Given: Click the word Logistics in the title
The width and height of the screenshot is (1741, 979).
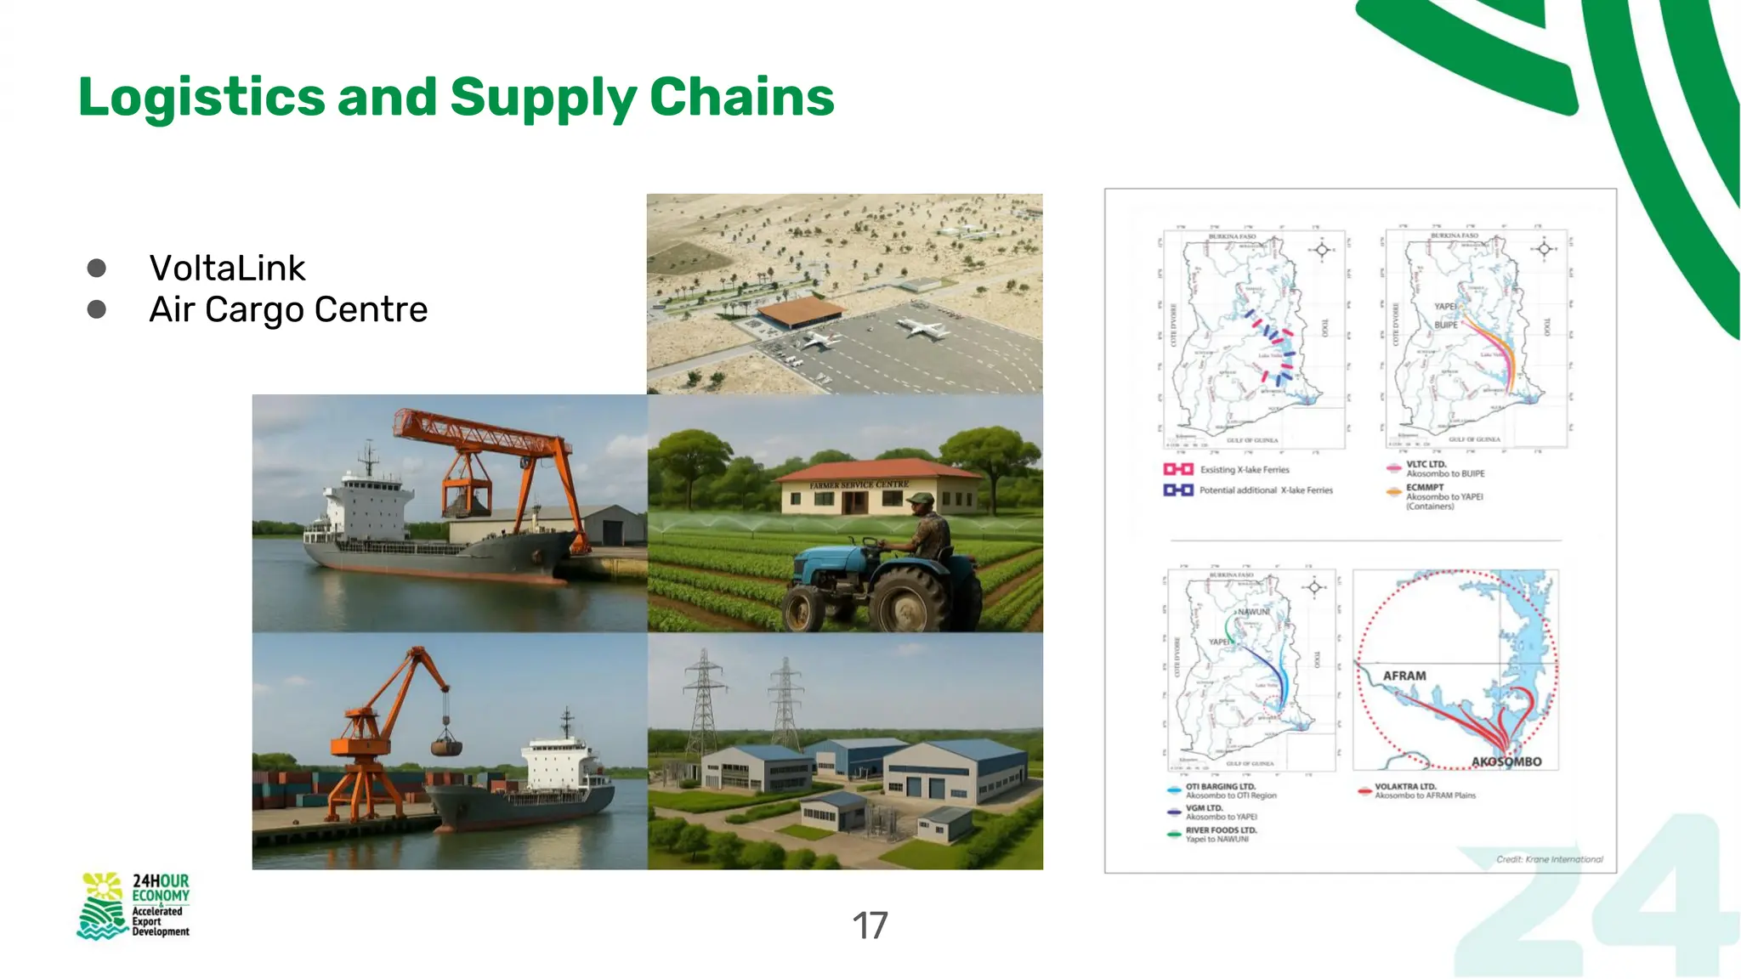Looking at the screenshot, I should pos(201,97).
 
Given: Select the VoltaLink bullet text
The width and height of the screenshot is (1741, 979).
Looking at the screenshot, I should pos(227,269).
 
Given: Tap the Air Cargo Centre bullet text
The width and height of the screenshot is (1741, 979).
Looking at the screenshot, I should pos(288,310).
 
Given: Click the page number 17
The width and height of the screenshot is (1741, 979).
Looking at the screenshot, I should pos(870,925).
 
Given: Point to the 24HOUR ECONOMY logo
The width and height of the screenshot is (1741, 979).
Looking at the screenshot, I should pos(134,906).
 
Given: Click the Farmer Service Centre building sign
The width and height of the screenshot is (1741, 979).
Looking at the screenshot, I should pos(859,485).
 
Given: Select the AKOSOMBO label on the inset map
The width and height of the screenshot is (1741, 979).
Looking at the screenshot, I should pos(1506,761).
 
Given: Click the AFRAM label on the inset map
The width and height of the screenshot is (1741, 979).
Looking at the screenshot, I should pos(1404,676).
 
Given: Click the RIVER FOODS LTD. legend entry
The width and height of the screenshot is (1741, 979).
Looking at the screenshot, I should pos(1220,835).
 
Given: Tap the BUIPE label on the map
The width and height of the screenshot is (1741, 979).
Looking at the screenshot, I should pos(1445,325).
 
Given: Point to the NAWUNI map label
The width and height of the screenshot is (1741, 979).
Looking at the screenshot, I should pos(1253,612).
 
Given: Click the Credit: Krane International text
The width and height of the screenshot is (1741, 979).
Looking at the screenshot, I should pos(1549,859).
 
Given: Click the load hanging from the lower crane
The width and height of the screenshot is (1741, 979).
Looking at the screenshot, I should pos(446,746).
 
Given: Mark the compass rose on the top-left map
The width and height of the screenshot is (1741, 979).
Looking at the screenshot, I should pos(1321,250).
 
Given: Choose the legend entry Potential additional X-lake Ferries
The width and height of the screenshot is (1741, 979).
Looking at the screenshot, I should pos(1265,490).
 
